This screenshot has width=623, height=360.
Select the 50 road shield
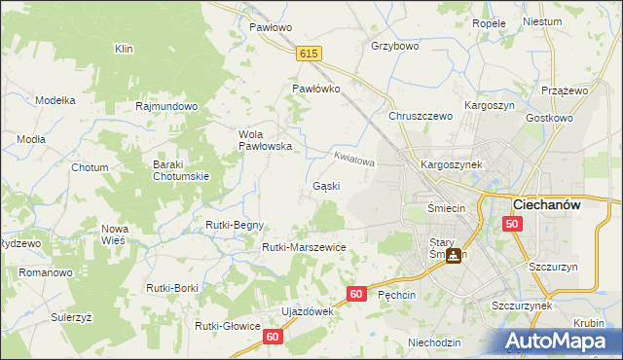click(512, 224)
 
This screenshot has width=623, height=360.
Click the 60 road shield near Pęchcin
click(356, 293)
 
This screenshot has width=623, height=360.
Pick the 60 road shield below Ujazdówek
click(273, 336)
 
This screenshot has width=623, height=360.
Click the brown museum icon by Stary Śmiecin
click(454, 256)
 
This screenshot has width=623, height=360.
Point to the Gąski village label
click(326, 185)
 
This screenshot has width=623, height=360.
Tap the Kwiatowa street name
click(353, 158)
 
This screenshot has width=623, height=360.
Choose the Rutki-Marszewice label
click(304, 247)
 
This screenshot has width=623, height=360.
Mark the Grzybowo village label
click(395, 46)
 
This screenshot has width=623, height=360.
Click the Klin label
click(124, 49)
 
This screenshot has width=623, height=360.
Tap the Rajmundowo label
click(167, 106)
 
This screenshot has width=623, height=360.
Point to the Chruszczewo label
click(421, 116)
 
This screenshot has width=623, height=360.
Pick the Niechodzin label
click(434, 342)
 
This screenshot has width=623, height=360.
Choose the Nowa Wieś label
click(115, 234)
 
